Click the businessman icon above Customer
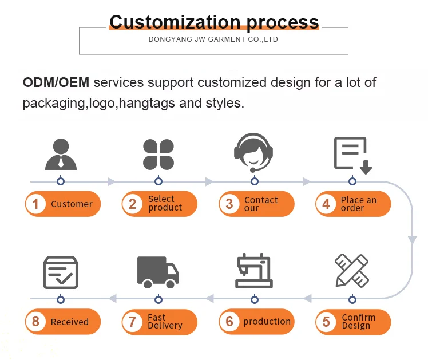pyautogui.click(x=60, y=154)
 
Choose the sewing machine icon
pyautogui.click(x=254, y=271)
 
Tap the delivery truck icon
pyautogui.click(x=158, y=272)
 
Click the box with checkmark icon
pyautogui.click(x=61, y=272)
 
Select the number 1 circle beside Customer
pyautogui.click(x=36, y=204)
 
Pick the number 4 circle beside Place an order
pyautogui.click(x=326, y=204)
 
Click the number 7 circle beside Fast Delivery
pyautogui.click(x=132, y=322)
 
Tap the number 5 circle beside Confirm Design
pyautogui.click(x=326, y=322)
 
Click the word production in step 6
pyautogui.click(x=267, y=322)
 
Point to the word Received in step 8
pyautogui.click(x=70, y=322)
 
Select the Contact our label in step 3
pyautogui.click(x=261, y=204)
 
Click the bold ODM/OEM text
pyautogui.click(x=56, y=82)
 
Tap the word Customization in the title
pyautogui.click(x=175, y=22)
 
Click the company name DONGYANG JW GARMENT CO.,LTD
pyautogui.click(x=213, y=40)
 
